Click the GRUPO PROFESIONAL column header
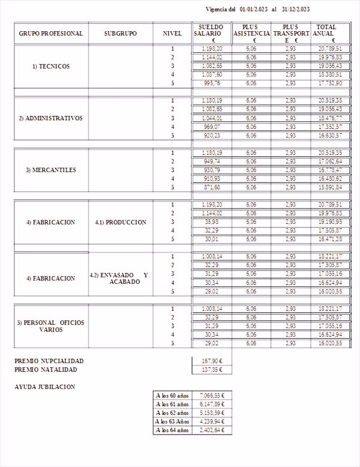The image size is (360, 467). coord(50,34)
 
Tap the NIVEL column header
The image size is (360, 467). coord(172,34)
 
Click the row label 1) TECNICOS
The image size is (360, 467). coord(50,66)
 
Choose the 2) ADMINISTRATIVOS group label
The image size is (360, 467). coord(50,118)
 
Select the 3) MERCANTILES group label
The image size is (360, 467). coord(50,170)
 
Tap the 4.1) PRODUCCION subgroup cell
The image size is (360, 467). coord(120,222)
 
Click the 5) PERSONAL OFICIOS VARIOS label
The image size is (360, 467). coord(50,326)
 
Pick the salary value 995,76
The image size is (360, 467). coord(212,83)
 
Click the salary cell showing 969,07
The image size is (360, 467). coord(212,127)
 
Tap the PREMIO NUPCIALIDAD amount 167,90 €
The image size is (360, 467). coord(212,361)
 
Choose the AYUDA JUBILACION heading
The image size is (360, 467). coord(44,387)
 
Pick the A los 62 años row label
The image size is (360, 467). coord(172,413)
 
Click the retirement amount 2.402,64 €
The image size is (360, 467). coord(211,430)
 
